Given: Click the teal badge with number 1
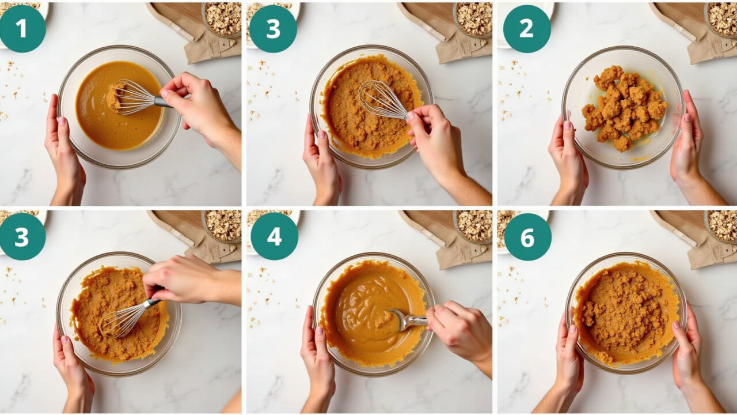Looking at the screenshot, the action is pyautogui.click(x=22, y=29).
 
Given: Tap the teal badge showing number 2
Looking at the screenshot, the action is pyautogui.click(x=527, y=29).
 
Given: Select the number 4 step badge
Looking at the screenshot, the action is pyautogui.click(x=275, y=236).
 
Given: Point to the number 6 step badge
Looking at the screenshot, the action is pyautogui.click(x=528, y=237).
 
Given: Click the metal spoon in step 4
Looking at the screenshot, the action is pyautogui.click(x=408, y=319).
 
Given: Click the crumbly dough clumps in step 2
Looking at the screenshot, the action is pyautogui.click(x=624, y=107).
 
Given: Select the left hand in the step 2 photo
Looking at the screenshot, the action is pyautogui.click(x=568, y=161).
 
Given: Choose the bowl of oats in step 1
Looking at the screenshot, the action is pyautogui.click(x=222, y=19).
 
